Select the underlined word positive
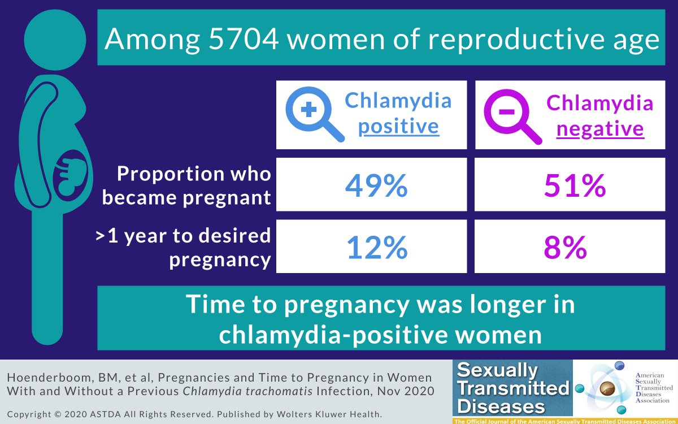coord(398,127)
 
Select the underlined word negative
coord(600,129)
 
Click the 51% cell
coord(575,185)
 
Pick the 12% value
coord(377,247)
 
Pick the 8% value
coord(566,247)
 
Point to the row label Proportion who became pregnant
coord(194,185)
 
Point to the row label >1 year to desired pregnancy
coord(183,247)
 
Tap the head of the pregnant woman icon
coord(55,39)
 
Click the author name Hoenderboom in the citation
coord(43,378)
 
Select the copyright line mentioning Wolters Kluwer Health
coord(194,414)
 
